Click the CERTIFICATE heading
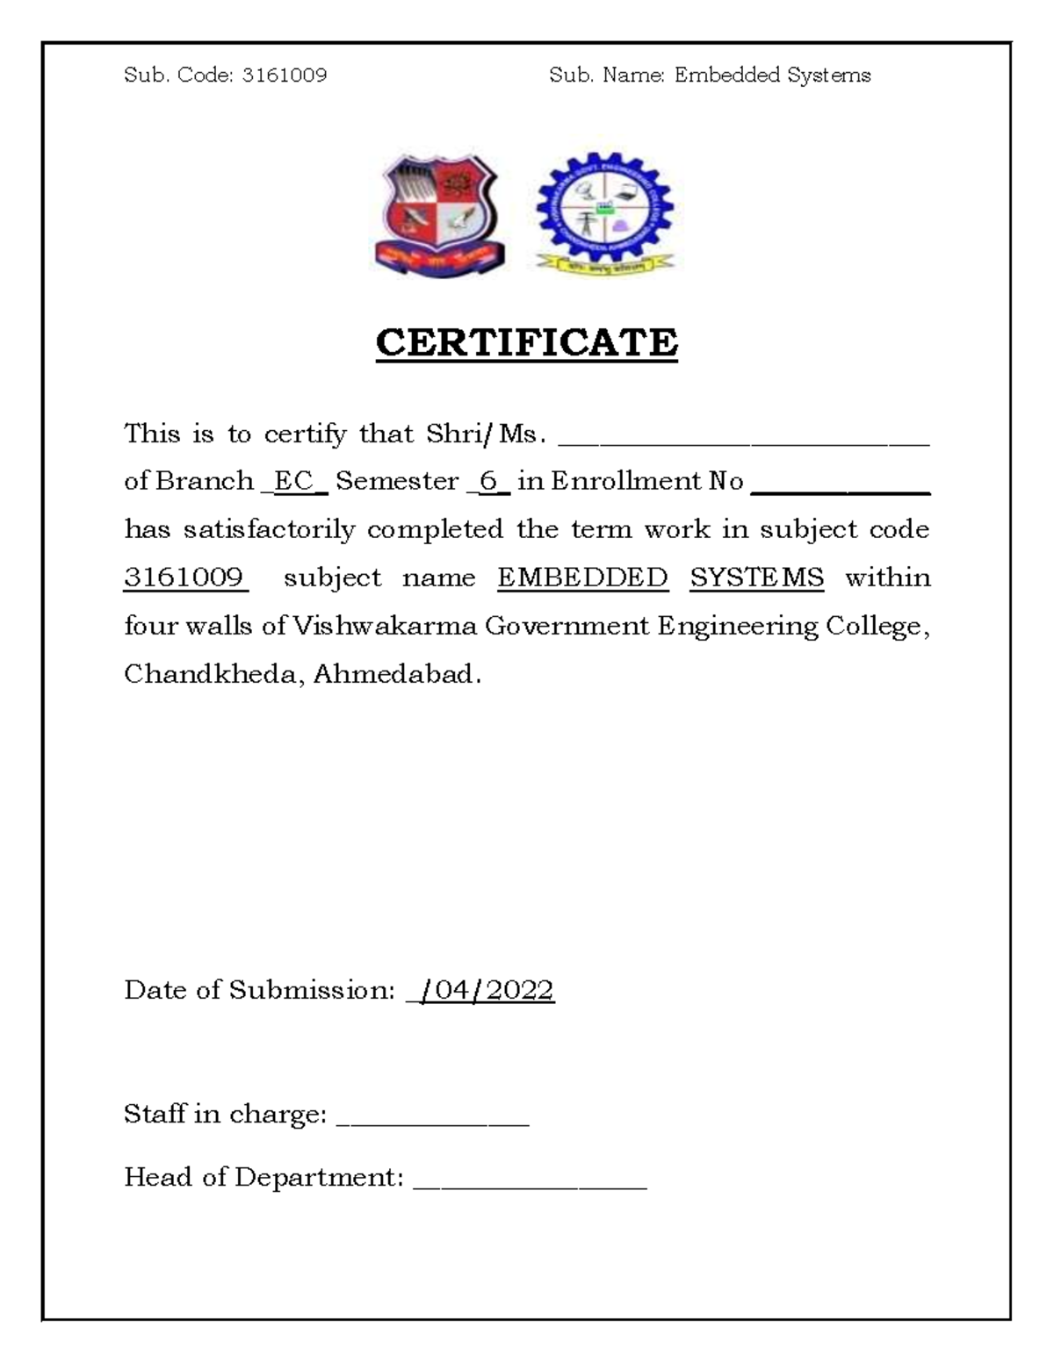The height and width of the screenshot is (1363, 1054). [x=526, y=342]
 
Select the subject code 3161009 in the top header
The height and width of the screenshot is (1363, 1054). [x=284, y=75]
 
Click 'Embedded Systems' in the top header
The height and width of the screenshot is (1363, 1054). [x=772, y=75]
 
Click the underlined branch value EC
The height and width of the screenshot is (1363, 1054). [x=293, y=481]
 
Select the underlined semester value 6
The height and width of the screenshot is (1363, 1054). [x=488, y=481]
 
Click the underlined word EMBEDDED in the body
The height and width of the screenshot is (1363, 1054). [x=582, y=577]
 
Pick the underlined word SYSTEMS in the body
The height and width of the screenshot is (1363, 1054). [x=756, y=577]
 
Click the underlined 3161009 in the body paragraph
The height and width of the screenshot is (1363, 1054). [x=184, y=577]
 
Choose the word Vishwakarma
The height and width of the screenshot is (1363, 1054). [x=384, y=626]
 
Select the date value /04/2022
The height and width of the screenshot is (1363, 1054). [x=486, y=990]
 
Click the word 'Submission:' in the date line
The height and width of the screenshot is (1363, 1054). [x=312, y=990]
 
